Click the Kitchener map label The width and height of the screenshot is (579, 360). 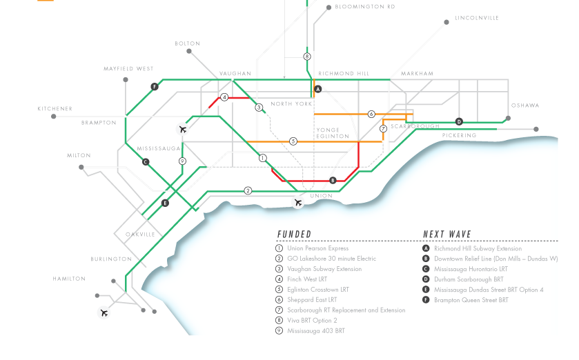click(x=55, y=109)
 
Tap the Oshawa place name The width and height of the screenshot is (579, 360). click(x=525, y=106)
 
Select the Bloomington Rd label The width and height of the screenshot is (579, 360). click(x=365, y=7)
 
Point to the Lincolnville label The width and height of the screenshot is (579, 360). click(x=476, y=18)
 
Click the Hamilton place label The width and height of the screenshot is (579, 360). click(x=69, y=279)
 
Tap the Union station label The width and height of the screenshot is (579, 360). click(x=321, y=196)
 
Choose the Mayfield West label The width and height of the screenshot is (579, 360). click(x=128, y=69)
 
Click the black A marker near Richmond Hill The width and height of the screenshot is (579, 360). click(x=318, y=90)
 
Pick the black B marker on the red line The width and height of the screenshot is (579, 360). click(x=333, y=181)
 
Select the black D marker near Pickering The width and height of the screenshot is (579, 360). click(x=459, y=122)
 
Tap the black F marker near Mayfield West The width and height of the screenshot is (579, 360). click(x=155, y=87)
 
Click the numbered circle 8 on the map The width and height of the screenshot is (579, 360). click(x=307, y=57)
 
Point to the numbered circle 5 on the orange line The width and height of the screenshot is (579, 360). click(x=293, y=141)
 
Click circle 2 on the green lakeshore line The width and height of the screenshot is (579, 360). click(x=248, y=190)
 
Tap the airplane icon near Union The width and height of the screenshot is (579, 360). click(x=298, y=203)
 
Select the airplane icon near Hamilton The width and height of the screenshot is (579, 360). click(x=104, y=313)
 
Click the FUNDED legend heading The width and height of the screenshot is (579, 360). click(x=295, y=234)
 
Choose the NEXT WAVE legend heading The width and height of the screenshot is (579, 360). click(x=447, y=234)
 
